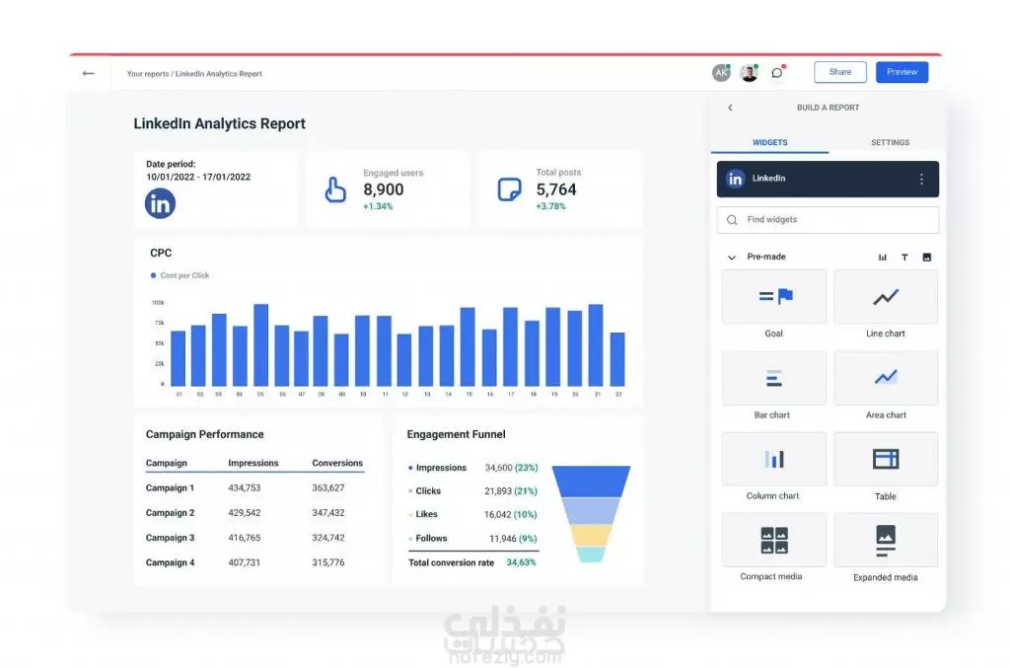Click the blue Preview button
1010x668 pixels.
click(902, 72)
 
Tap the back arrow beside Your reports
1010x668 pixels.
click(89, 73)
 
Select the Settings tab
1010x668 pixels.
click(890, 143)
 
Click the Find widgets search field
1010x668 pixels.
click(828, 220)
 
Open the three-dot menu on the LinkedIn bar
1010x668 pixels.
click(921, 180)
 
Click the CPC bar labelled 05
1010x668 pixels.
click(261, 345)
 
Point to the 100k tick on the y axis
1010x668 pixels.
click(158, 303)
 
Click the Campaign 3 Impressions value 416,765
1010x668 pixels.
click(244, 538)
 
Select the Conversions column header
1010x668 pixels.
click(337, 463)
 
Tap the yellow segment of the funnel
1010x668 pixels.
click(590, 534)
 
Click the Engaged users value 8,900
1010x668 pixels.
click(383, 189)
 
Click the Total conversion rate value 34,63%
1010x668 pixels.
click(521, 562)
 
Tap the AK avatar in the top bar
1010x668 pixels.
click(721, 73)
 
